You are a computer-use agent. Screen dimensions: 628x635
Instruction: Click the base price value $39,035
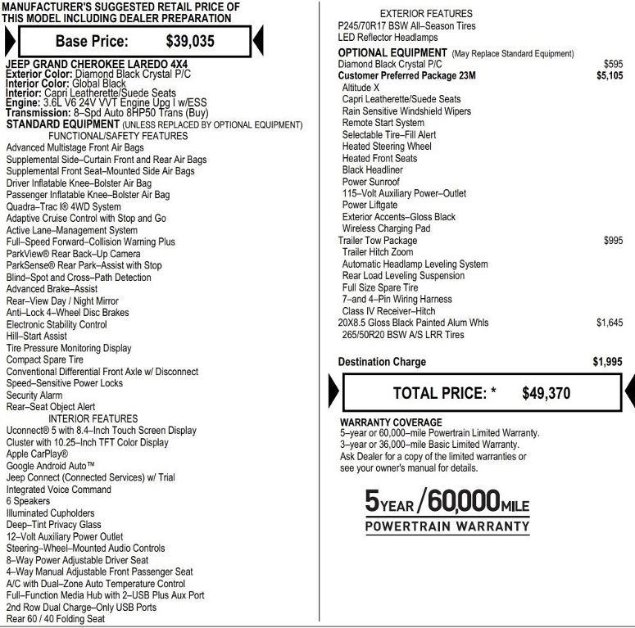point(189,41)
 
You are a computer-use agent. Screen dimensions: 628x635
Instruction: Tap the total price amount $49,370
point(546,393)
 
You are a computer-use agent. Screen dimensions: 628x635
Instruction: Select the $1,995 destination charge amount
point(607,362)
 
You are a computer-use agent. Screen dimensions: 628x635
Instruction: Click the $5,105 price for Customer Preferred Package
point(609,75)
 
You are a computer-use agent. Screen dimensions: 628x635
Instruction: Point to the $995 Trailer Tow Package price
point(612,241)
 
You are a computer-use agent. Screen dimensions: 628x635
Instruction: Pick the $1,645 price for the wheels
point(609,323)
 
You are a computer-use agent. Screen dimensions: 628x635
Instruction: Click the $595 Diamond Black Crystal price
point(612,64)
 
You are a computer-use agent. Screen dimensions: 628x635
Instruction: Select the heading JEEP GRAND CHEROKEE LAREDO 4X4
point(96,64)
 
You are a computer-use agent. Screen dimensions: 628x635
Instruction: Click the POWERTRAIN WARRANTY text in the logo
point(447,526)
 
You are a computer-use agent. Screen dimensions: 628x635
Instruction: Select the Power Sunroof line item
point(371,182)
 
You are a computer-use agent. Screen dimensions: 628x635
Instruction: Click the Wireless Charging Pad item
point(386,228)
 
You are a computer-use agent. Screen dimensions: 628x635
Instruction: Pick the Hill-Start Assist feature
point(37,337)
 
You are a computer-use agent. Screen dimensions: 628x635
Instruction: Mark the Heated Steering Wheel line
point(387,147)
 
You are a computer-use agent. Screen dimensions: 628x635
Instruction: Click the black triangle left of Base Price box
point(10,41)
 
